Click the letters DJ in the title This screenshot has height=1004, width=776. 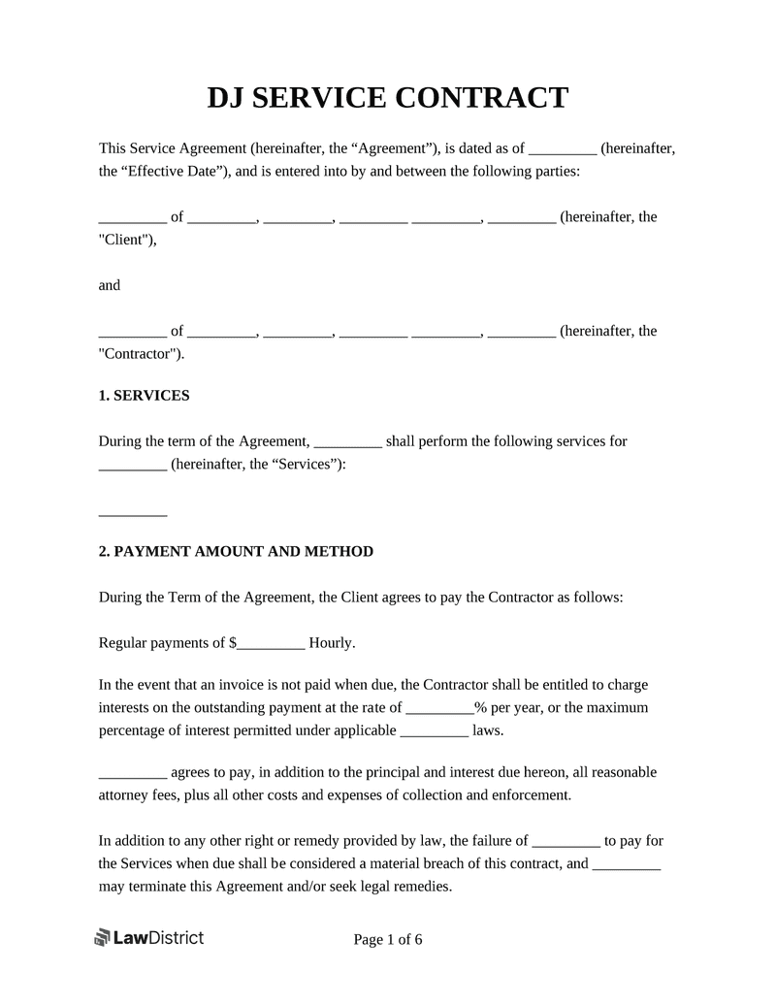tap(227, 98)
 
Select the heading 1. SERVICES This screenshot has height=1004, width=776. tap(145, 396)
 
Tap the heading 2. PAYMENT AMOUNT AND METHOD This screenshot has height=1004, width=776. tap(236, 551)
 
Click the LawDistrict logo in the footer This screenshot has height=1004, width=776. tap(148, 937)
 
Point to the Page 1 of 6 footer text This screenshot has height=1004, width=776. tap(388, 939)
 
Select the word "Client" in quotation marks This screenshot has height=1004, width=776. tap(126, 240)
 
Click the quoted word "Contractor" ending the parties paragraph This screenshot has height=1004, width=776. tap(140, 354)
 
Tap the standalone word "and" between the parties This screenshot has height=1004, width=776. tap(110, 285)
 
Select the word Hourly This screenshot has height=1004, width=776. tap(332, 642)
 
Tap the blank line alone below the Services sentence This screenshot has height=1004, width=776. tap(133, 512)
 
